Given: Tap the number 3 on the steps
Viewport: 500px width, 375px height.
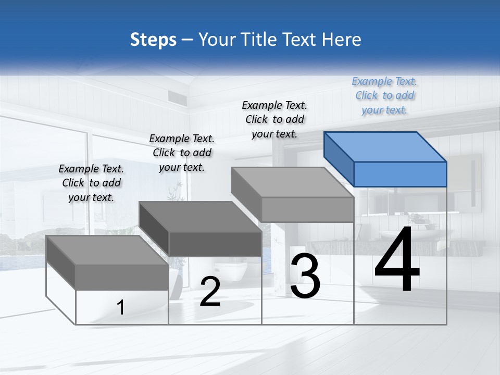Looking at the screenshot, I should tap(305, 276).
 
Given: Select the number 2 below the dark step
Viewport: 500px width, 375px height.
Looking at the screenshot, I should tap(210, 292).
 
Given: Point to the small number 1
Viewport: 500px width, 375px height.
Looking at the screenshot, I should tap(121, 308).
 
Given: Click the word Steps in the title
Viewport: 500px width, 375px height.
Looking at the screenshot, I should tap(153, 40).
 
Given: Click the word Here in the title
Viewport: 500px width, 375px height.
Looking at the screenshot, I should tap(342, 40).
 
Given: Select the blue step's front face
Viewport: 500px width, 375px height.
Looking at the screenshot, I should tap(400, 174).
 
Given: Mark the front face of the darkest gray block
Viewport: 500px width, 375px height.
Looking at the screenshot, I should tap(215, 244).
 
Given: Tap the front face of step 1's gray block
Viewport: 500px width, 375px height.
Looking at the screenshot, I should tap(122, 277).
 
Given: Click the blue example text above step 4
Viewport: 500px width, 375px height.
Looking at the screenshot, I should tap(384, 95).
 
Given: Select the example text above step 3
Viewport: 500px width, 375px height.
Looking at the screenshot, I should tap(274, 119).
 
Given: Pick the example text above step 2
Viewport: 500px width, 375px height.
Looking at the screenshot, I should tap(182, 153).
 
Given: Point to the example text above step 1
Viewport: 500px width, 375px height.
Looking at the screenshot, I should tap(91, 183).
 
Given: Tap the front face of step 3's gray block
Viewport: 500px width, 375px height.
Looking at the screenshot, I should tap(307, 209).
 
